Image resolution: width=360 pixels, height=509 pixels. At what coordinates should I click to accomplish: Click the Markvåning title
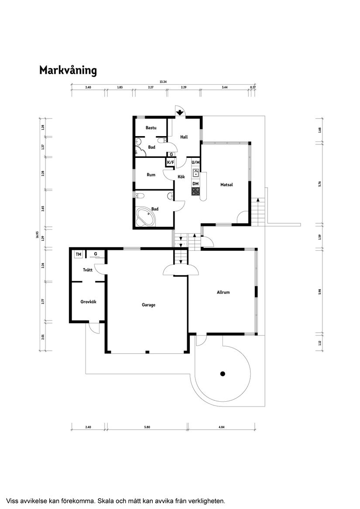(x=68, y=70)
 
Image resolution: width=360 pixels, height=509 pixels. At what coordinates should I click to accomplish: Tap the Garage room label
(x=148, y=305)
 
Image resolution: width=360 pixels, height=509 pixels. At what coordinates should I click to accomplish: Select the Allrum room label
(x=223, y=292)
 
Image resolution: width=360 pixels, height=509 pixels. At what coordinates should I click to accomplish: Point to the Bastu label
(x=151, y=128)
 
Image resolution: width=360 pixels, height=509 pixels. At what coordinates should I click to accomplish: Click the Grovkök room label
(x=88, y=301)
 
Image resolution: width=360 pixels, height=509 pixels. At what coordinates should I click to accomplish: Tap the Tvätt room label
(x=88, y=270)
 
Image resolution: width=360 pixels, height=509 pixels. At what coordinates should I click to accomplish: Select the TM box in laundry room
(x=79, y=254)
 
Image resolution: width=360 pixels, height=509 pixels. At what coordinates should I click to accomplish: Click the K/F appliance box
(x=170, y=163)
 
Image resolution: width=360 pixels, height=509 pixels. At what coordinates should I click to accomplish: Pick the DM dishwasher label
(x=195, y=184)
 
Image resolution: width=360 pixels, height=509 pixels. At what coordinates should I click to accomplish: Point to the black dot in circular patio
(x=223, y=373)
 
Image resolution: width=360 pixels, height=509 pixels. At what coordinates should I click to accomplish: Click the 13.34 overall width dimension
(x=163, y=82)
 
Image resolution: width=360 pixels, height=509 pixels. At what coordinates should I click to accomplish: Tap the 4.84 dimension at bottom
(x=221, y=427)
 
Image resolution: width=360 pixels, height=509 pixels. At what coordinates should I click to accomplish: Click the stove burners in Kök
(x=195, y=191)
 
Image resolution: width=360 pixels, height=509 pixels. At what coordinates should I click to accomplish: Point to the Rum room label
(x=151, y=174)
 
